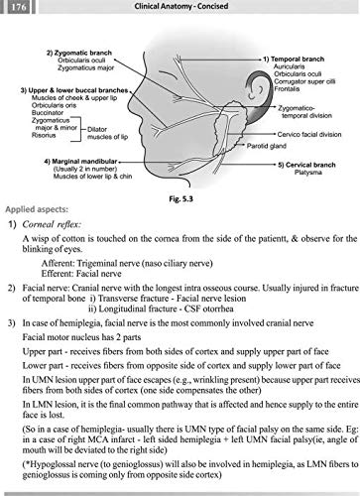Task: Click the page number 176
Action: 18,8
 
